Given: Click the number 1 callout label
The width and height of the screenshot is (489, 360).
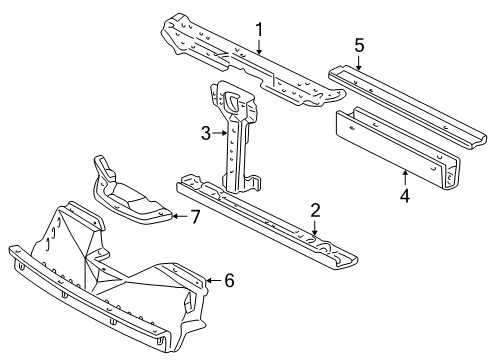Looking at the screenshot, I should coord(258,29).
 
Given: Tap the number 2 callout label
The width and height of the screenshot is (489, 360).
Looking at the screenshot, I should coord(315,210).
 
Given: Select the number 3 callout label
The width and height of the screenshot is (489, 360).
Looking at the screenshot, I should coord(205,132).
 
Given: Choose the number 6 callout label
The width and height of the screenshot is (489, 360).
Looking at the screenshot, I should coord(228,282).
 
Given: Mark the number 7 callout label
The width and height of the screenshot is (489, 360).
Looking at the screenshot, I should coord(196,215).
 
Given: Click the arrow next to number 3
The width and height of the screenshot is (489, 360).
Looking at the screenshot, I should coord(219,132).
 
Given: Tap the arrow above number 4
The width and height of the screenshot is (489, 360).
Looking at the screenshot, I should coord(404,177).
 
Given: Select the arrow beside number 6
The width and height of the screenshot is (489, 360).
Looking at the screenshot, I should coord(212,282).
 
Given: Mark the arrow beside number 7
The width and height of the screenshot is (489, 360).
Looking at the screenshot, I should coord(180,215).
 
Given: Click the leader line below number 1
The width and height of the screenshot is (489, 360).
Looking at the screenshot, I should coord(258,48).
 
